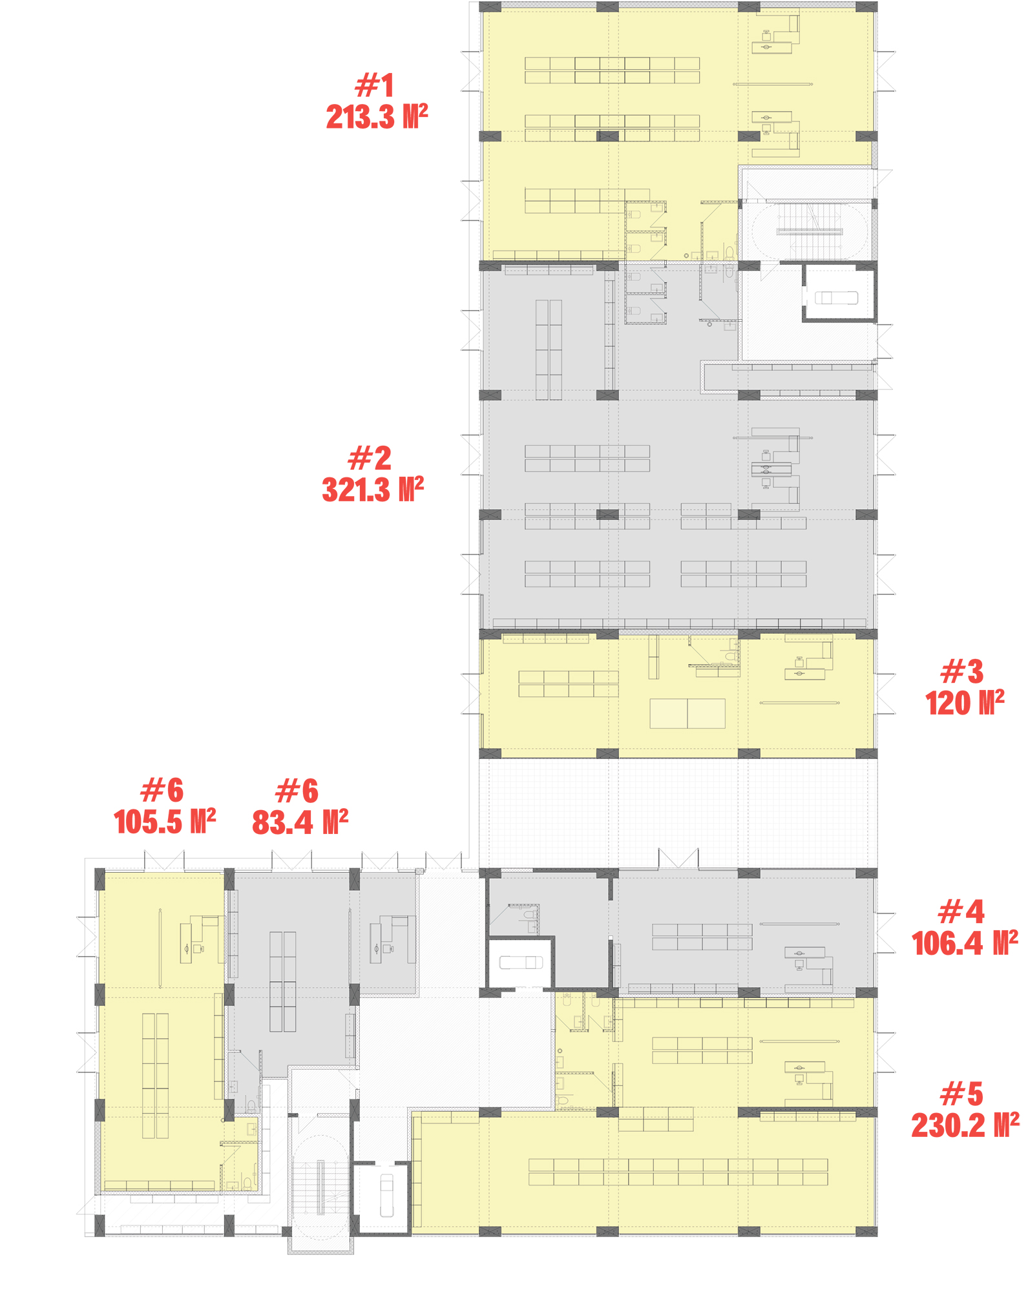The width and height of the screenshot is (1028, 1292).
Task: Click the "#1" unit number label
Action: [375, 85]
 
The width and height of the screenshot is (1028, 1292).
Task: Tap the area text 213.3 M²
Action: [377, 117]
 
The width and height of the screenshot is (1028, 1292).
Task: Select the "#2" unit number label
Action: [370, 458]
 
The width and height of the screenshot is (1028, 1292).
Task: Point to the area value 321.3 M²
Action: [373, 490]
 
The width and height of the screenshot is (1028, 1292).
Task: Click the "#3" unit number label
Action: [962, 672]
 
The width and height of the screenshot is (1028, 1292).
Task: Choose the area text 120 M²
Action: [965, 703]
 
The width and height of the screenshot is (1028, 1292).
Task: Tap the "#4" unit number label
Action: [961, 912]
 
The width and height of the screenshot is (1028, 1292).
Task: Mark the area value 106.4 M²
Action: [965, 944]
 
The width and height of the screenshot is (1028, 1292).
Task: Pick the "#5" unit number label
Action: [962, 1094]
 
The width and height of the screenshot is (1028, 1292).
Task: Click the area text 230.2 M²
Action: [965, 1126]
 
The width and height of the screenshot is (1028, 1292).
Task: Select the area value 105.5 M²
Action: [165, 822]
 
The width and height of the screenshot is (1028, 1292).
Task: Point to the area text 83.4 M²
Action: [300, 822]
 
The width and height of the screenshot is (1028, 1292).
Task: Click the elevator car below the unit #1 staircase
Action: [836, 298]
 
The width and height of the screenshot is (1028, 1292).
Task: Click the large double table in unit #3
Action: [687, 713]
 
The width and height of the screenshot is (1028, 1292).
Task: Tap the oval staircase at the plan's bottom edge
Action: [320, 1188]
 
